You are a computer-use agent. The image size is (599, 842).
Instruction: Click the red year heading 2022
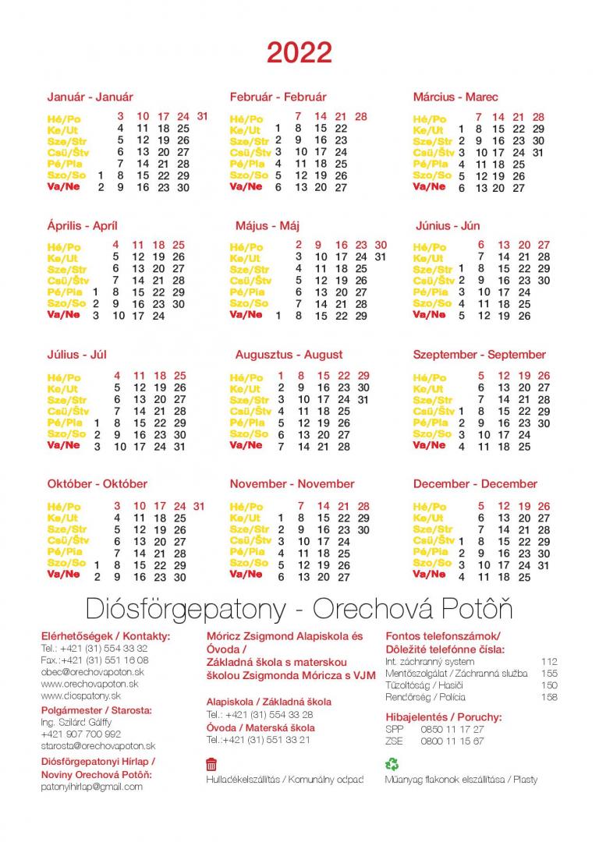tap(299, 53)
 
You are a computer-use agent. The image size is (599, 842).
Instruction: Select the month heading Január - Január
tap(90, 97)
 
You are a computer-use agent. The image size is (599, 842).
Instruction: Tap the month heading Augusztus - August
tap(289, 355)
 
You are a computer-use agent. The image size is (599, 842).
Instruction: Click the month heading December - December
tap(475, 484)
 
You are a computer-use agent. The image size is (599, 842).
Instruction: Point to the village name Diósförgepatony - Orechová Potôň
tap(299, 608)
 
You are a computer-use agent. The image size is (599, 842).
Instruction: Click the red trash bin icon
tap(211, 764)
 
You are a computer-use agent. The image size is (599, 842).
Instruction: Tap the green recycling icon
tap(392, 764)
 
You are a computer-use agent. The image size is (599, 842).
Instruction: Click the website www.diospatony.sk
tap(80, 695)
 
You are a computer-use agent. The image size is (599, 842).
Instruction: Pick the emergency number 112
tap(549, 661)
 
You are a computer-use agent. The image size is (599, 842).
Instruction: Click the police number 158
tap(549, 697)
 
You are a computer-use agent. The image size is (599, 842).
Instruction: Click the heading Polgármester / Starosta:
tap(97, 710)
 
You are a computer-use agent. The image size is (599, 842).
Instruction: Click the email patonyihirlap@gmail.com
tap(92, 787)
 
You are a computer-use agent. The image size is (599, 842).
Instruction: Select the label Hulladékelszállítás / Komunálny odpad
tap(284, 780)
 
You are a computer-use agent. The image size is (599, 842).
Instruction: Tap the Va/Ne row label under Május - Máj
tap(246, 315)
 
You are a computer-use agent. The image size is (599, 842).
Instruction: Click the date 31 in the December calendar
tap(544, 565)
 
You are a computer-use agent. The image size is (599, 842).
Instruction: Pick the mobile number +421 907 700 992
tap(80, 734)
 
